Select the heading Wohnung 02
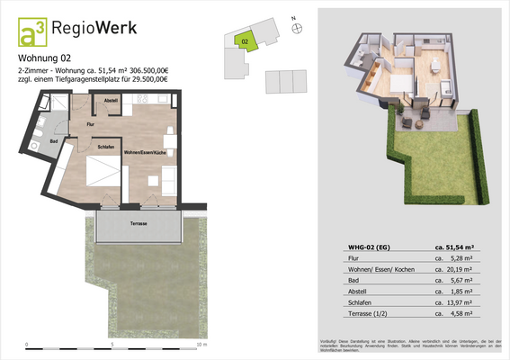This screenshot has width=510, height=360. click(x=45, y=60)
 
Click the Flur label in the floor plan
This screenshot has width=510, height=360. click(x=91, y=123)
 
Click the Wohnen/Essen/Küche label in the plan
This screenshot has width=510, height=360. click(x=145, y=154)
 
